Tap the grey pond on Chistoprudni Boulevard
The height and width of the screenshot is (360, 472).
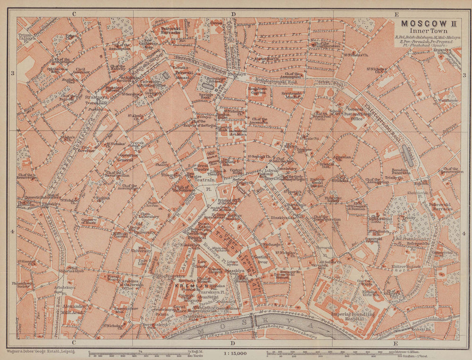coord(407,155)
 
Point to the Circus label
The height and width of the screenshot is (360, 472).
coord(217,23)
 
